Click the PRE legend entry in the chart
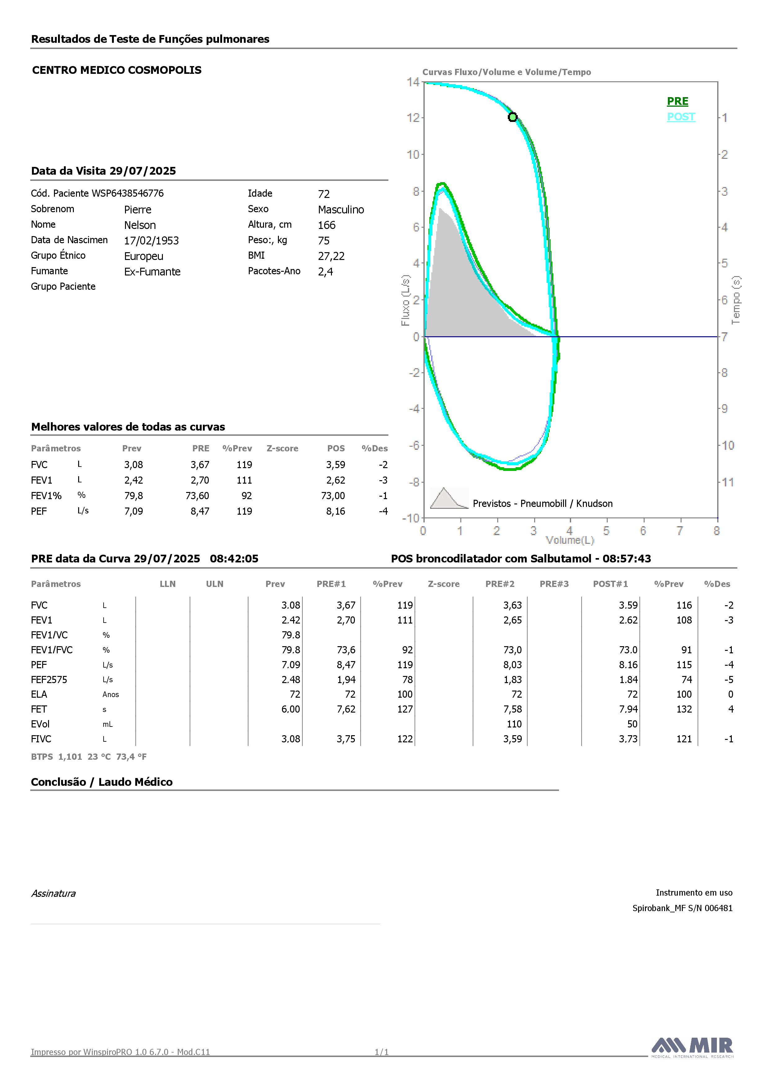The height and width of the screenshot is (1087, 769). (677, 101)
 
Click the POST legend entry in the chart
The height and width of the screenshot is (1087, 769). (681, 117)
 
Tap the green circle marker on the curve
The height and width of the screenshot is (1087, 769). (512, 117)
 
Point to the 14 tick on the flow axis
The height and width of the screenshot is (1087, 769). (413, 82)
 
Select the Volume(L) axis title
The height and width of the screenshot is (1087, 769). (570, 540)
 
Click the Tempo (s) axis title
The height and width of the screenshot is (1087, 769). (736, 300)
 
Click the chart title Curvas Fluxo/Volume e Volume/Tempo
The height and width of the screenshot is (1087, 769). (507, 72)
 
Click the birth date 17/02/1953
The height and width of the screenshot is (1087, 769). (151, 240)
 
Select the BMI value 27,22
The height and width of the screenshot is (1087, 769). (332, 256)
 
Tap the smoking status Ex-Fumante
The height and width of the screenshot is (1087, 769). (153, 272)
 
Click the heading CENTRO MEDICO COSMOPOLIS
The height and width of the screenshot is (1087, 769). (117, 70)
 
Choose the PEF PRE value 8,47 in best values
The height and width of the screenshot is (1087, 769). (200, 511)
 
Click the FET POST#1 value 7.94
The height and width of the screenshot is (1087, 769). (628, 709)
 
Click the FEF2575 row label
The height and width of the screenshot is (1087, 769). (49, 679)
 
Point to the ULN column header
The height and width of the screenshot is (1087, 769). (214, 584)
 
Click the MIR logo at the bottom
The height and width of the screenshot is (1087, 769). (692, 1047)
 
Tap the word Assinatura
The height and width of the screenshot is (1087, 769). (53, 893)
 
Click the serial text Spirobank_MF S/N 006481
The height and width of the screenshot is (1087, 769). (682, 908)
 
